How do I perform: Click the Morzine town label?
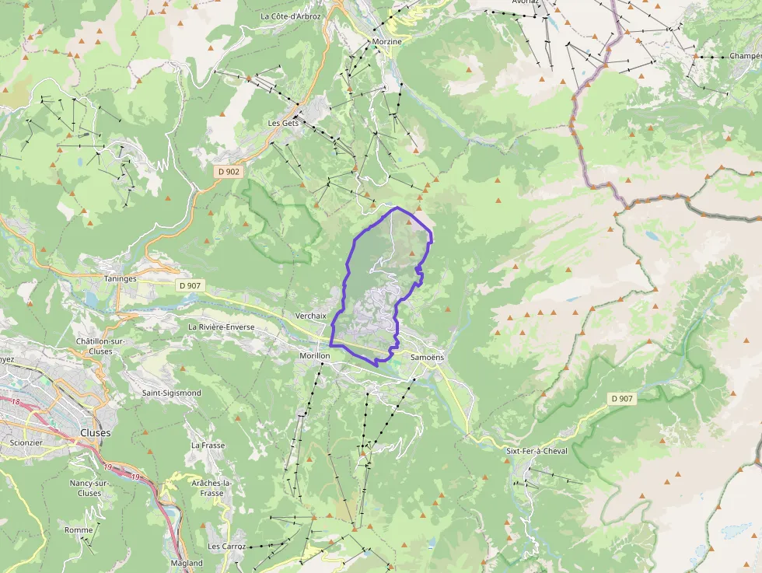(x=386, y=41)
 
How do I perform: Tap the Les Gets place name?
(x=283, y=123)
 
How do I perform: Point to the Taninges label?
(x=120, y=278)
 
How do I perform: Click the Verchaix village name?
(x=311, y=316)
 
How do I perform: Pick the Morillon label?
(x=315, y=355)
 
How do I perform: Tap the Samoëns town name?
(x=426, y=356)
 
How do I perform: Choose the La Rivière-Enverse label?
(x=221, y=327)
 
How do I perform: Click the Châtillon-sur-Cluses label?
(x=105, y=346)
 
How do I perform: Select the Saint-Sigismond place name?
(x=171, y=393)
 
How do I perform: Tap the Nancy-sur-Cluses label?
(x=89, y=488)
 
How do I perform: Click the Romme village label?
(x=79, y=530)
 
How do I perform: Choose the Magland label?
(x=187, y=563)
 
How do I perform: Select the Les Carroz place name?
(x=226, y=547)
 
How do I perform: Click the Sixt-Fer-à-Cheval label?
(x=537, y=451)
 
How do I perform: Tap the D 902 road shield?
(x=229, y=171)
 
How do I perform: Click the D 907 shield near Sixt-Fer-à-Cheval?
(x=622, y=399)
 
